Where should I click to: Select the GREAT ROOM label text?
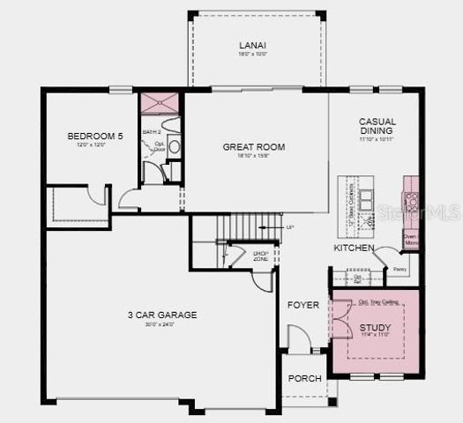(253, 147)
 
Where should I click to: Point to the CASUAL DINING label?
(377, 127)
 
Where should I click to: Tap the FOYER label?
(302, 306)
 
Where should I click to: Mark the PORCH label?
(305, 378)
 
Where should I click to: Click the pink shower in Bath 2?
(161, 104)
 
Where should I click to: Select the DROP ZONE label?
(260, 256)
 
